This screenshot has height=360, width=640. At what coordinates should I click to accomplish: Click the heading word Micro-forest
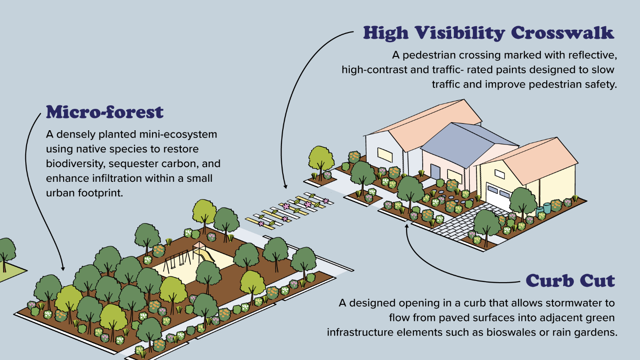coord(105,112)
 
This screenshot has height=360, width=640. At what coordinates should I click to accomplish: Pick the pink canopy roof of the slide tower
coord(199,245)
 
